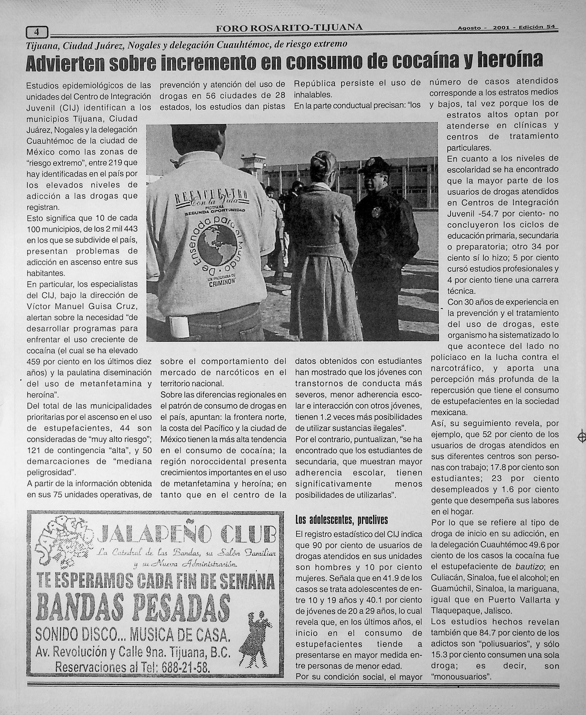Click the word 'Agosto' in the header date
(469, 28)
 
